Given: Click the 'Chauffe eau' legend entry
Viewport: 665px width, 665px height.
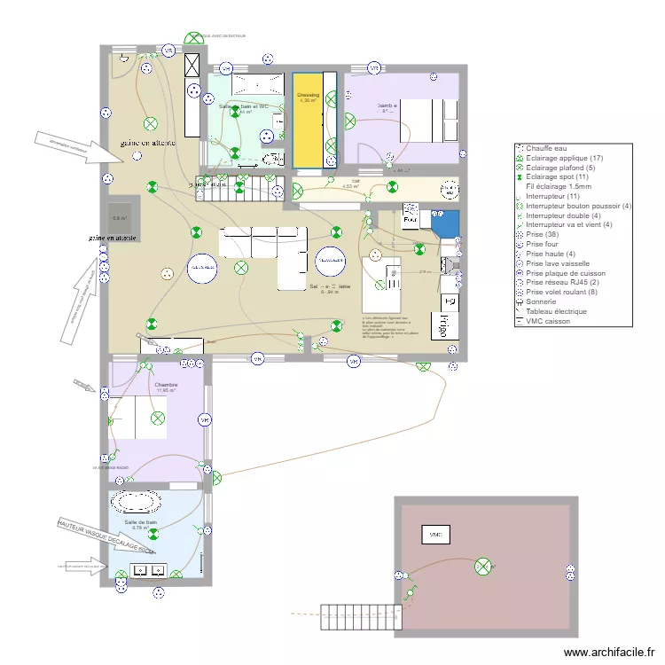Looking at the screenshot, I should (x=544, y=149).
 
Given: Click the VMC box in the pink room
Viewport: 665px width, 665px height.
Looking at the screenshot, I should (x=435, y=535).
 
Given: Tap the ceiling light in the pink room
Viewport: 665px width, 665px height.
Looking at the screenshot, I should (x=483, y=565).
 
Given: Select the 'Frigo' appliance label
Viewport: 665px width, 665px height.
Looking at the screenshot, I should (x=439, y=327).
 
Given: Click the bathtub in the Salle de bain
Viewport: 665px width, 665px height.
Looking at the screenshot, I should (x=136, y=503).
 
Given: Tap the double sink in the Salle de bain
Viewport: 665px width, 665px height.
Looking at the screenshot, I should (x=148, y=569).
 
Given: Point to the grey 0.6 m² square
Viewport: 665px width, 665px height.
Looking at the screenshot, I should (x=119, y=217).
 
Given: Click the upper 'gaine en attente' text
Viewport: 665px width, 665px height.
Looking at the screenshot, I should (x=148, y=143).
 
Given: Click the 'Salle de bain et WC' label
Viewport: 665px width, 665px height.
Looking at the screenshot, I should (x=242, y=106).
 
